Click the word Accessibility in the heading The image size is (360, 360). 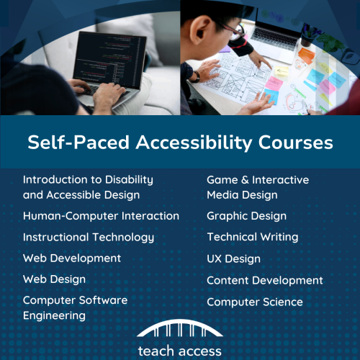coord(197,143)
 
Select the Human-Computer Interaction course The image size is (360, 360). coord(101,216)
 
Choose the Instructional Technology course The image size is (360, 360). coord(89,237)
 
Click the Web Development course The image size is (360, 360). coord(72,258)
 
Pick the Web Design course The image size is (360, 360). coord(54,279)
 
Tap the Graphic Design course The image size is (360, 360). coord(246,216)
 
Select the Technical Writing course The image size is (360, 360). coord(252,237)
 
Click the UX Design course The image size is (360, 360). coord(233,258)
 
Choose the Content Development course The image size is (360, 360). coord(265,280)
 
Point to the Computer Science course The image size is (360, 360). coord(255,302)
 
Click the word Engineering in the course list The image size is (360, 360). coord(54,315)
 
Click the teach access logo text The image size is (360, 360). coord(179,351)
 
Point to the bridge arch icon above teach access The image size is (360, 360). coord(179,330)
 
